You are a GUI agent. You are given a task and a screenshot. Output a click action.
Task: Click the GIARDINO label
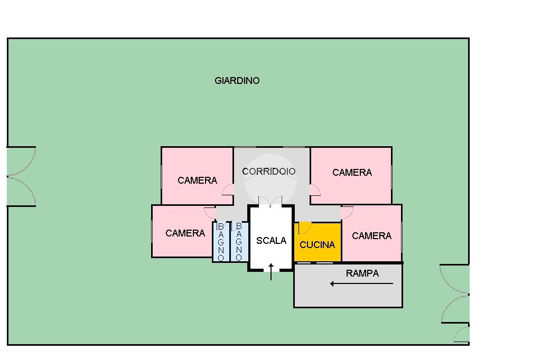(237, 81)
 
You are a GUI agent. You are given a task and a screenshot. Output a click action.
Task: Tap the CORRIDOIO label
(268, 172)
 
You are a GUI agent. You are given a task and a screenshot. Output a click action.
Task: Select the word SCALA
(271, 241)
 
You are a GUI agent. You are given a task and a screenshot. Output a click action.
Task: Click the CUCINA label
(317, 245)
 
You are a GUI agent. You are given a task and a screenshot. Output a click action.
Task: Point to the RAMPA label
(362, 273)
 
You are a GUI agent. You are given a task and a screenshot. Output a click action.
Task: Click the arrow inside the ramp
(361, 284)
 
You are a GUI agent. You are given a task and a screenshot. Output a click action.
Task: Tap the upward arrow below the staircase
(271, 271)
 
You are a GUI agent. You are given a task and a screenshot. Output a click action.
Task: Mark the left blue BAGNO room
(221, 242)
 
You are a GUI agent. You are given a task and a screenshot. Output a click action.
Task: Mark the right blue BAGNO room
(239, 242)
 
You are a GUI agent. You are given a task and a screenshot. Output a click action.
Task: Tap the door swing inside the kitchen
(304, 228)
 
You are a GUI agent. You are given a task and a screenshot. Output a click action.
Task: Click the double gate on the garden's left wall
(21, 176)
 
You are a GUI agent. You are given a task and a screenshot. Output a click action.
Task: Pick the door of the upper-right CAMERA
(315, 190)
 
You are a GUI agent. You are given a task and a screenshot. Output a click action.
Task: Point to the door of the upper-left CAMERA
(228, 190)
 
